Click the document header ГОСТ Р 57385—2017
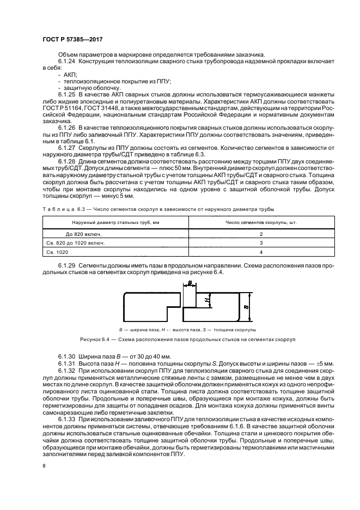72,40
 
